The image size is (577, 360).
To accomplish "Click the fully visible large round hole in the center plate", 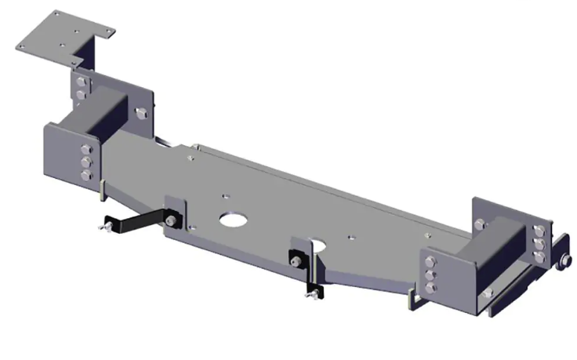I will [x=233, y=219].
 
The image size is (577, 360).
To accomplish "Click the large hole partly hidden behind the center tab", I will [x=317, y=244].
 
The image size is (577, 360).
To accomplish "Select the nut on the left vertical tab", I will [x=170, y=220].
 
